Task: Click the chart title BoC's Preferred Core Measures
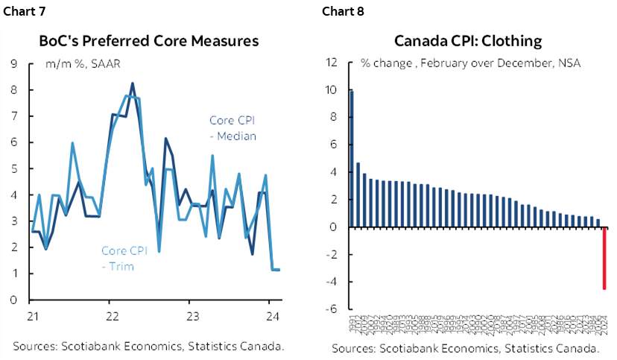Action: (x=148, y=41)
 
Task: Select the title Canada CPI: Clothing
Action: (x=467, y=41)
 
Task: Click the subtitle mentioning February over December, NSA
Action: (x=470, y=63)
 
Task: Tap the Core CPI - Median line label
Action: (x=232, y=127)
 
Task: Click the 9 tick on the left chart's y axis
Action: (x=15, y=63)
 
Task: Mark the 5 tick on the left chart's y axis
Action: (x=15, y=168)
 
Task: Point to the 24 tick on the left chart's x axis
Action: (x=273, y=315)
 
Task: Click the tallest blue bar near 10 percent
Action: (x=352, y=159)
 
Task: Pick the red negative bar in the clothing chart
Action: (x=604, y=258)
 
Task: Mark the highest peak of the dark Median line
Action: (x=133, y=83)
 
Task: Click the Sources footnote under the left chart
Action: (x=148, y=346)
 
